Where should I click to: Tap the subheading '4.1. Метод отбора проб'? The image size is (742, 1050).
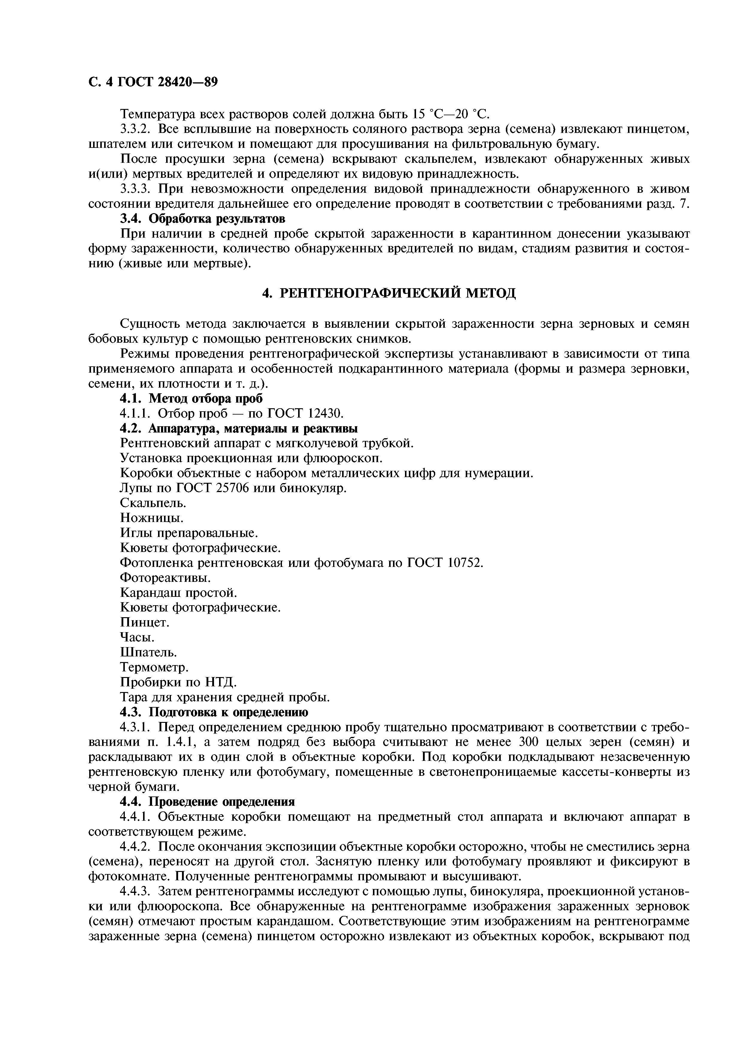tap(191, 398)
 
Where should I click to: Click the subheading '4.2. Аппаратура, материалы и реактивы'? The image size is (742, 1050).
tap(239, 429)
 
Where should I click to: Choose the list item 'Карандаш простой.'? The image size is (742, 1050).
tap(178, 593)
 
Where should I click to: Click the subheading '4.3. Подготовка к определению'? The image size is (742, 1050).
tap(214, 712)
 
